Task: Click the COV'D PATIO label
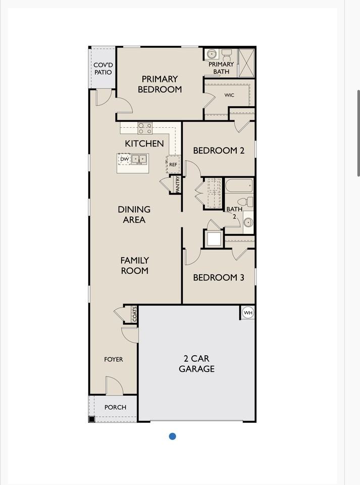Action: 103,69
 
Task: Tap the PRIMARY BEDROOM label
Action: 160,84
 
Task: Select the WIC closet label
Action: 229,95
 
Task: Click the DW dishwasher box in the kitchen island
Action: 124,159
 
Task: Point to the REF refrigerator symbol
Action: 173,165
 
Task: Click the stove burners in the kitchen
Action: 145,128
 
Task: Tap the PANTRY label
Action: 178,184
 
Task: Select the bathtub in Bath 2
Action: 239,186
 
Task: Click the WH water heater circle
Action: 248,313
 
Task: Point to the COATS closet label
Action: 134,314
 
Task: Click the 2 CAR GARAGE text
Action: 196,364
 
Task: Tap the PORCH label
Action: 115,407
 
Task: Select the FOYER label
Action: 114,360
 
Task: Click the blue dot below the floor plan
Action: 172,436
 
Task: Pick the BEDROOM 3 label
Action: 219,277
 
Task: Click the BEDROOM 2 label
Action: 219,150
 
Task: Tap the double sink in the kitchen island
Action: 139,159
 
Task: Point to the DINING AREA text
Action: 134,214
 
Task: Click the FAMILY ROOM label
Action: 134,265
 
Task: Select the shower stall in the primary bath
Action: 246,62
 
